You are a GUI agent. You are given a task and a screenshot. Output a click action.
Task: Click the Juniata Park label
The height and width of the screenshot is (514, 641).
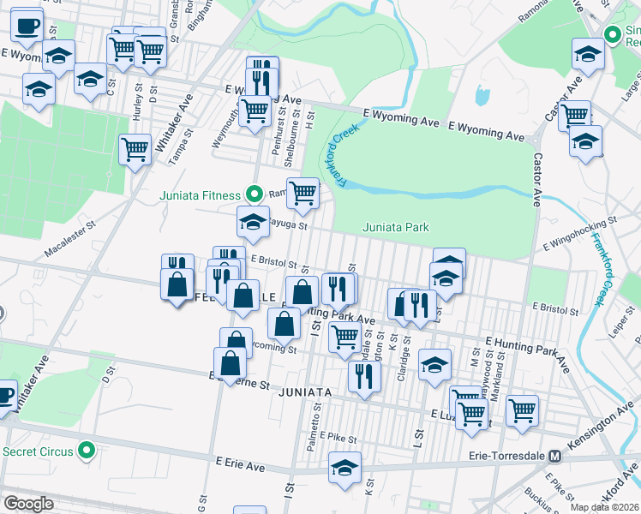(x=395, y=227)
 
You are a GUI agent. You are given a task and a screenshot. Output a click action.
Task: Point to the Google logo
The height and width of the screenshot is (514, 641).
(x=27, y=504)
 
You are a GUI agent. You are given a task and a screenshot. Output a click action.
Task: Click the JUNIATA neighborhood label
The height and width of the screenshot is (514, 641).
(x=304, y=391)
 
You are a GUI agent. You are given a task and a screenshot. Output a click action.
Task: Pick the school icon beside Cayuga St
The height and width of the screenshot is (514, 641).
(x=253, y=222)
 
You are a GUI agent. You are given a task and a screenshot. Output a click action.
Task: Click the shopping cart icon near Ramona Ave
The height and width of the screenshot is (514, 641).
(x=303, y=193)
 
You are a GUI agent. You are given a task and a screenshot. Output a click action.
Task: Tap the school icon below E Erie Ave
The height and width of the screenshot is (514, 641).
(x=344, y=467)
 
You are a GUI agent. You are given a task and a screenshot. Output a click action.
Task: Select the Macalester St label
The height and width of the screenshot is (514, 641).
(x=67, y=247)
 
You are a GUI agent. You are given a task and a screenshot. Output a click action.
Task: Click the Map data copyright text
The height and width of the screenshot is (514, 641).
(x=605, y=507)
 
